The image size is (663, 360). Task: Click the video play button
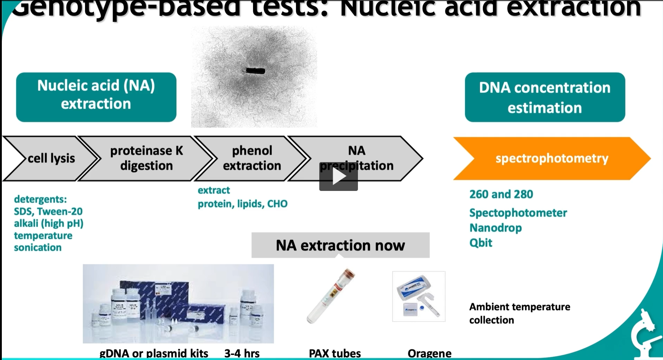pos(338,177)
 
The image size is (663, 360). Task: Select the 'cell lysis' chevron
pos(51,159)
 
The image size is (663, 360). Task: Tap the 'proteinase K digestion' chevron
pos(146,158)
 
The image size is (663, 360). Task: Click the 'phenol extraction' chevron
pos(252,158)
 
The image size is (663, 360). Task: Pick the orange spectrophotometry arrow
pos(551,159)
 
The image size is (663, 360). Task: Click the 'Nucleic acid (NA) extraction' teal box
pos(96,97)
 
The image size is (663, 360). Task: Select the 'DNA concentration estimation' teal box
pos(545,97)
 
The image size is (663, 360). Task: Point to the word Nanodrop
pos(495,228)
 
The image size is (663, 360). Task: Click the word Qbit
pos(480,243)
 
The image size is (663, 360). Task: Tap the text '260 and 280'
pos(501,194)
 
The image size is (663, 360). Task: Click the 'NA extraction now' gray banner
pos(340,245)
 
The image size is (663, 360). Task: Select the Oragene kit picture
pos(418,296)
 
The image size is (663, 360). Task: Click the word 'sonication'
pos(38,248)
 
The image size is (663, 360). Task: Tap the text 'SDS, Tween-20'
pos(48,212)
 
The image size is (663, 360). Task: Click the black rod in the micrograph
pos(255,71)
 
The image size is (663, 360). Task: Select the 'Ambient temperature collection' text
pos(519,313)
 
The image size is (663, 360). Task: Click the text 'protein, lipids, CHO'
pos(242,204)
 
